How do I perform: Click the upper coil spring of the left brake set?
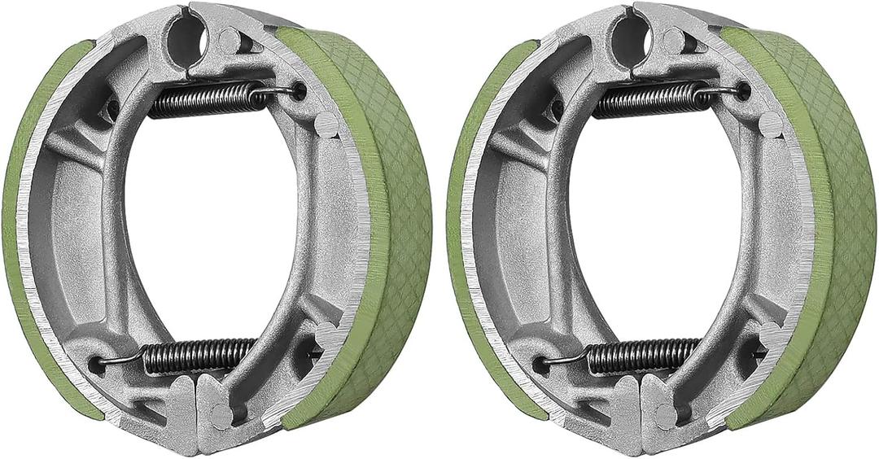click(x=203, y=100)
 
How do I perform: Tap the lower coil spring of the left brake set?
click(x=199, y=356)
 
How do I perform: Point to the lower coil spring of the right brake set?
click(x=643, y=356)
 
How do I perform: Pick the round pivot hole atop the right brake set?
click(x=628, y=34)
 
